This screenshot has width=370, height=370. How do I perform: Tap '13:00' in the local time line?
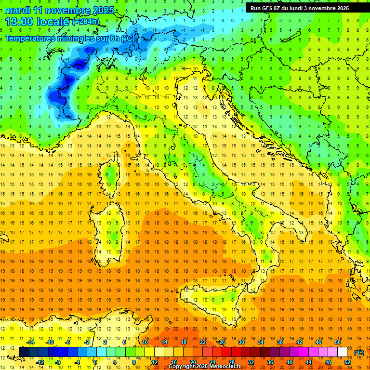[19, 22]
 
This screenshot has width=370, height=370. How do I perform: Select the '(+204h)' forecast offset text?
[86, 22]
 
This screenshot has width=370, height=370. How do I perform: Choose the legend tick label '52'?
[347, 362]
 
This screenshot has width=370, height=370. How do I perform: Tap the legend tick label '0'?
[96, 362]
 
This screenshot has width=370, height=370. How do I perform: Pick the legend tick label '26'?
[222, 342]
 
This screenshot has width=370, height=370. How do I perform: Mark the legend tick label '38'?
[279, 342]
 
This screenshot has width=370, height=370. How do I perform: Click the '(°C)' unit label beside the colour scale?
[358, 352]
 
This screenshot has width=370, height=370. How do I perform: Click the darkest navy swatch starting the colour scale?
[24, 352]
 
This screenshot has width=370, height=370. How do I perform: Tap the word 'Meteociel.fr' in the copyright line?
[229, 367]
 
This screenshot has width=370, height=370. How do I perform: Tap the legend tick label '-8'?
[58, 362]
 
